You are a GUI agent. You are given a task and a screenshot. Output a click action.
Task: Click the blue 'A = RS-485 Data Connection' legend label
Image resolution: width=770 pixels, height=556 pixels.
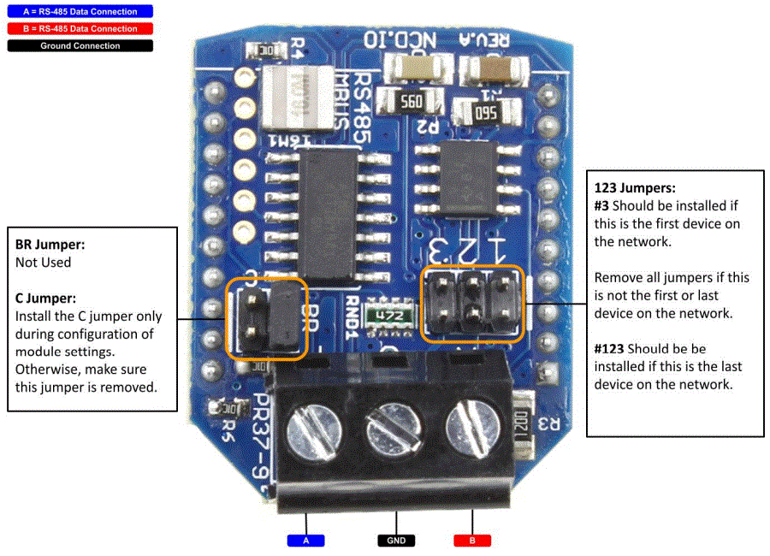pyautogui.click(x=79, y=12)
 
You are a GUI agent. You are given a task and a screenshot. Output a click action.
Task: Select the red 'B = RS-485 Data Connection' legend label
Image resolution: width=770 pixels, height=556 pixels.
pyautogui.click(x=79, y=28)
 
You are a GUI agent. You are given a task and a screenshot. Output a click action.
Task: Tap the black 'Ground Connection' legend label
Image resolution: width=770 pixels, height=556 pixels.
pyautogui.click(x=79, y=45)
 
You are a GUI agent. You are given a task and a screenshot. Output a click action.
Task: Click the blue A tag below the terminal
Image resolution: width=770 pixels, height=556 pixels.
pyautogui.click(x=305, y=541)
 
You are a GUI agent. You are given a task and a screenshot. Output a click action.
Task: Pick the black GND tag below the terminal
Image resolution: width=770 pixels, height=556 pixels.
pyautogui.click(x=396, y=541)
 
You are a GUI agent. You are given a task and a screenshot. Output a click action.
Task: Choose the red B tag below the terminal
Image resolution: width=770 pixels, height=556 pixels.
pyautogui.click(x=472, y=541)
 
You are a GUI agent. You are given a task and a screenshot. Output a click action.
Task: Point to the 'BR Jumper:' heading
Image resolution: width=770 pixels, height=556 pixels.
pyautogui.click(x=50, y=245)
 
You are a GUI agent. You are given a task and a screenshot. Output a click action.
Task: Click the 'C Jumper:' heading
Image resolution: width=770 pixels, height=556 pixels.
pyautogui.click(x=46, y=299)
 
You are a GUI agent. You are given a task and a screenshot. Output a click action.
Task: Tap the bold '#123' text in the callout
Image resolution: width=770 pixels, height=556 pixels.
pyautogui.click(x=613, y=349)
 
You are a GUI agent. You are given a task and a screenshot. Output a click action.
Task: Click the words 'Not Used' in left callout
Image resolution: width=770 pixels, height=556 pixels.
pyautogui.click(x=43, y=263)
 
